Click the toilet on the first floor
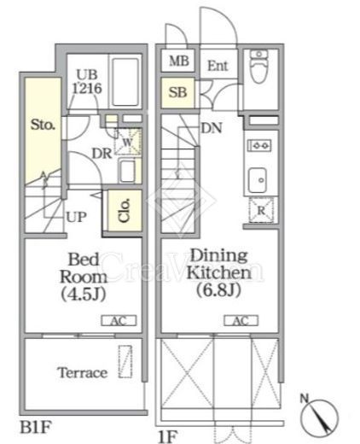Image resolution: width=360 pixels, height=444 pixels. pos(258,67)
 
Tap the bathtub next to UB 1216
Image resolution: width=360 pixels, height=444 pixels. pos(125,82)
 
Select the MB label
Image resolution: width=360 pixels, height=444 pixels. pos(179,61)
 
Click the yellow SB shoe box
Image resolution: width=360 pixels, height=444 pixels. pos(178,93)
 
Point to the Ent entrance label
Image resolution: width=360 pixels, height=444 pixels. pos(218,66)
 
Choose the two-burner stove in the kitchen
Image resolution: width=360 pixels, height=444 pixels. pos(259,145)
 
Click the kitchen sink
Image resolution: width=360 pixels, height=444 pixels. pos(258,180)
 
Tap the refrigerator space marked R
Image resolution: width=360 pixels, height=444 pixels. pos(261,210)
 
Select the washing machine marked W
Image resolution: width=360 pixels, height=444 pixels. pos(128,142)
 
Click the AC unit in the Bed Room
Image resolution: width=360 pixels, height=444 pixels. pos(119,321)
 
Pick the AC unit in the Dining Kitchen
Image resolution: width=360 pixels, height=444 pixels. pos(241,320)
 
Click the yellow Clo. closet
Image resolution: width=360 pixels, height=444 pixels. pos(125,210)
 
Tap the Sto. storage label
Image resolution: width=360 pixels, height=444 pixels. pos(43,125)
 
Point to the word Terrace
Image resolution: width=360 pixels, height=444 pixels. pos(83,372)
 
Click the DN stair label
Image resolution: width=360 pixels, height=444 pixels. pos(212,128)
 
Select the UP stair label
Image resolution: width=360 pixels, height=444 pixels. pos(76,217)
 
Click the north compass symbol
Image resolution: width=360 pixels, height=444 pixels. pos(319,417)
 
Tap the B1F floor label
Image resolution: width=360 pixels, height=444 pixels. pos(36,427)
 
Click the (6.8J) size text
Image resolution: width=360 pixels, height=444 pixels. pos(219,290)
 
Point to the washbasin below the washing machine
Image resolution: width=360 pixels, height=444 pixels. pos(127,171)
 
